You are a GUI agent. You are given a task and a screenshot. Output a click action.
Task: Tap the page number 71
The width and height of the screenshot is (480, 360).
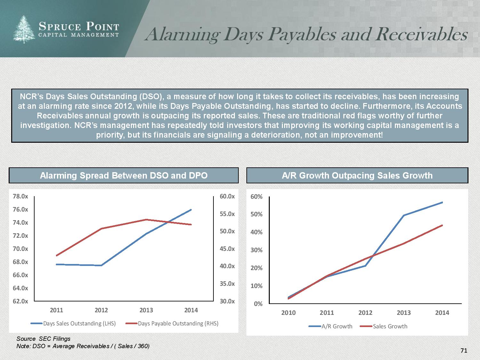pyautogui.click(x=464, y=351)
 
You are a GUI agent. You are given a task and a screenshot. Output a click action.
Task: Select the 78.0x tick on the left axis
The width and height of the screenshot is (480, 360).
pyautogui.click(x=20, y=196)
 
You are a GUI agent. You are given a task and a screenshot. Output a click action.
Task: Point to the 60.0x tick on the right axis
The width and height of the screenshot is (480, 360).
pyautogui.click(x=227, y=196)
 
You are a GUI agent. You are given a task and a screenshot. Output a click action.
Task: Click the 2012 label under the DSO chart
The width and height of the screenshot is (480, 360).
pyautogui.click(x=101, y=310)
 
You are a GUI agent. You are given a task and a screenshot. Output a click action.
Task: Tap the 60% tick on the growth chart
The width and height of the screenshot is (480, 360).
pyautogui.click(x=256, y=196)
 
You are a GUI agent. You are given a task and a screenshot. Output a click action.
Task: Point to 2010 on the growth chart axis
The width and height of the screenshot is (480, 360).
pyautogui.click(x=288, y=313)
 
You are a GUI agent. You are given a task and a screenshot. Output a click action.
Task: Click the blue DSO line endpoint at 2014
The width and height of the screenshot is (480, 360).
pyautogui.click(x=191, y=210)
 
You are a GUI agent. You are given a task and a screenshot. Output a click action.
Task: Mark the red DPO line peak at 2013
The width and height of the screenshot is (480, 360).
pyautogui.click(x=146, y=220)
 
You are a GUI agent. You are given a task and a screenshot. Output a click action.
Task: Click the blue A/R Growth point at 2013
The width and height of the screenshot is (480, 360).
pyautogui.click(x=404, y=215)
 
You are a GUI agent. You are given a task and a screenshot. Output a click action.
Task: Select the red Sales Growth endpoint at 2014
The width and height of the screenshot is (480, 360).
pyautogui.click(x=442, y=225)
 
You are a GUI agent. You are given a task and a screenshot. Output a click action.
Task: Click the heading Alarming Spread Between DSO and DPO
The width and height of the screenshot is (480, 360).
pyautogui.click(x=124, y=175)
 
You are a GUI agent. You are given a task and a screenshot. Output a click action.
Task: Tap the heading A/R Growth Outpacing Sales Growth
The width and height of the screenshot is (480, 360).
pyautogui.click(x=357, y=175)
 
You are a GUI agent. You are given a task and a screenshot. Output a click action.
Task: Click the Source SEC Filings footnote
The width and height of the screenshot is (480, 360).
pyautogui.click(x=44, y=339)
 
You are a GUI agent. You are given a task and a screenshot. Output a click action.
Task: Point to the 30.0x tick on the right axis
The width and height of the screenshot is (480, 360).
pyautogui.click(x=227, y=301)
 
